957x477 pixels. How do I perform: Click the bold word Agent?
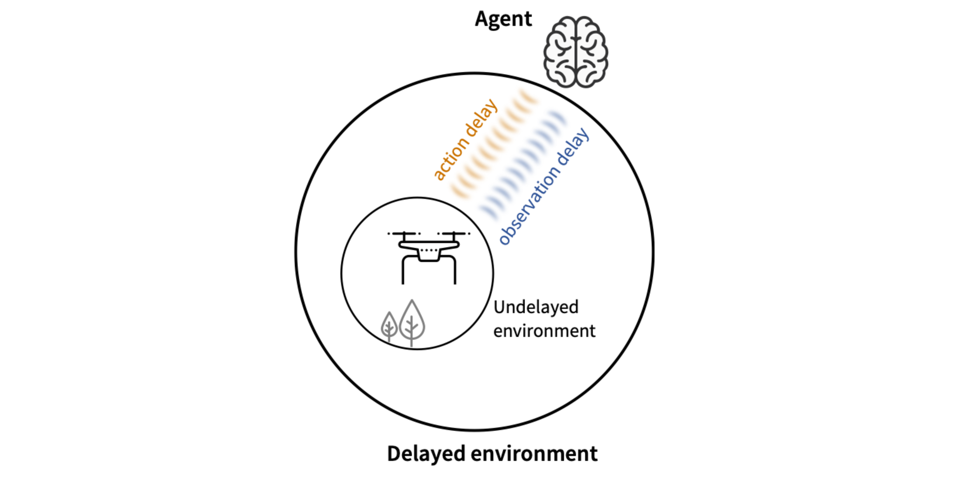tap(503, 19)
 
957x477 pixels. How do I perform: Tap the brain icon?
tap(576, 52)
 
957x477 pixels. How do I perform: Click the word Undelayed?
tap(536, 307)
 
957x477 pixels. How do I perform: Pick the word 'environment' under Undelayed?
tap(544, 331)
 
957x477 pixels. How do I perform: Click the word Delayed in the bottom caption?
tap(426, 454)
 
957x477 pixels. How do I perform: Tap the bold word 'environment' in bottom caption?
tap(534, 454)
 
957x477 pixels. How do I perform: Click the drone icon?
tap(429, 258)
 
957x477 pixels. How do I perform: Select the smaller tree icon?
tap(389, 326)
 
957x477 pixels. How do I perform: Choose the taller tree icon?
tap(412, 322)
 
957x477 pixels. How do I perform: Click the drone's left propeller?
tap(404, 234)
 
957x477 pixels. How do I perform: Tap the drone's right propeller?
tap(454, 234)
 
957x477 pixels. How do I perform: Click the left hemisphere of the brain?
tap(559, 52)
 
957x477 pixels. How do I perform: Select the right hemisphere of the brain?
tap(592, 52)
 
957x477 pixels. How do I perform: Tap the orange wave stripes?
tap(494, 143)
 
